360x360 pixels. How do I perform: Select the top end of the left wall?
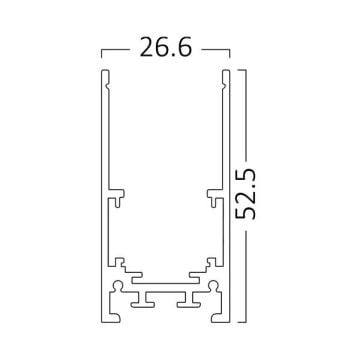[x=105, y=74]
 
